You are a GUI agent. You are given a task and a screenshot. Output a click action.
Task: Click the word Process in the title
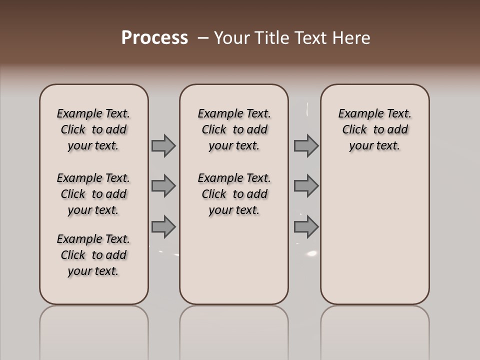pos(154,37)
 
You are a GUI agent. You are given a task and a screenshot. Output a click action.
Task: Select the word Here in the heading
pos(351,38)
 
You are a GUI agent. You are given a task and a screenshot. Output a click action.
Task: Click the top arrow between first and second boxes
pos(163,145)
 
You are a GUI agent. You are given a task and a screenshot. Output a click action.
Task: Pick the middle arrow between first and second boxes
pos(163,186)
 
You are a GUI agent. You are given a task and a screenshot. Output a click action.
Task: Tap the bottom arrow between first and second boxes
pos(163,227)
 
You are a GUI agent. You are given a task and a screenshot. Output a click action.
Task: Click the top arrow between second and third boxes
pos(306,145)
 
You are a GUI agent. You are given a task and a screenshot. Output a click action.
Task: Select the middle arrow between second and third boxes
pos(306,186)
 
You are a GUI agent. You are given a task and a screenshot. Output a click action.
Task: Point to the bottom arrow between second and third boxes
pos(306,227)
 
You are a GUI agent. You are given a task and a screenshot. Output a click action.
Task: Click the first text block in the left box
pos(93,129)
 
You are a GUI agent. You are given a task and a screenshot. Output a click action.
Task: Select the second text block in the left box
pos(93,194)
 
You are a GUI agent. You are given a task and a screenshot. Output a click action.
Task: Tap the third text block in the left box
pos(93,255)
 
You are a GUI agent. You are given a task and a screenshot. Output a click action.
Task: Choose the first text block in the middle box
pos(234,129)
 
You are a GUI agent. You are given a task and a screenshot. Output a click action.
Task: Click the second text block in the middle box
pos(234,194)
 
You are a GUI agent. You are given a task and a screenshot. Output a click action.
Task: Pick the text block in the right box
pos(375,129)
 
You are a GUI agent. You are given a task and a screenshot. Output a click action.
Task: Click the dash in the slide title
pos(203,38)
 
